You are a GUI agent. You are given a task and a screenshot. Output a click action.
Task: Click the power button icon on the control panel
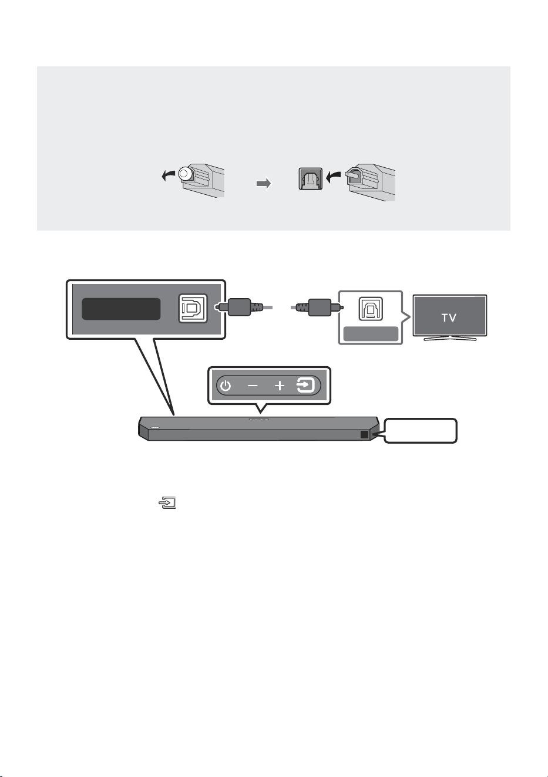(226, 386)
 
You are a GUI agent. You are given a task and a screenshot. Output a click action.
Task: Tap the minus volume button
(253, 386)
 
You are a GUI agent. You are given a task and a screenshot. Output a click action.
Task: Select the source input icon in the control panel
(305, 386)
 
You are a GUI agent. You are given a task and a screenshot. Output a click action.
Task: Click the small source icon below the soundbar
(167, 502)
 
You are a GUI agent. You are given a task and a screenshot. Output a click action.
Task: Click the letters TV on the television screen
(449, 317)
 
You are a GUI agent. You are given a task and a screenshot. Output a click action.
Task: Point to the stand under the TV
(449, 338)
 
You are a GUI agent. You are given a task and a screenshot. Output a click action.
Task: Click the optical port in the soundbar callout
(193, 308)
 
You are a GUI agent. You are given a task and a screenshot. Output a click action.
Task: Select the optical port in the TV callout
(371, 309)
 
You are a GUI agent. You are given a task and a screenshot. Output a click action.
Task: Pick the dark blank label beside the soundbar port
(121, 309)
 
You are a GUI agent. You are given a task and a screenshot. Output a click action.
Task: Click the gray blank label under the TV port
(371, 334)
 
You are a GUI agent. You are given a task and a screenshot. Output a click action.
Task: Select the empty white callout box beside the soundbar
(421, 431)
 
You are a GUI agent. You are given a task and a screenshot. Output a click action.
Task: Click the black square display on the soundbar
(364, 435)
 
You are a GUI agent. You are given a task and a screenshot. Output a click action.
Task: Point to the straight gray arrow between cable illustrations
(264, 184)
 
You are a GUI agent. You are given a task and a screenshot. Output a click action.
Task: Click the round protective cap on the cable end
(185, 173)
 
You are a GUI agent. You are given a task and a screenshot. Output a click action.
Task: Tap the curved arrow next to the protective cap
(169, 175)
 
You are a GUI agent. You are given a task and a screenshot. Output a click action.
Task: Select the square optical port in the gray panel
(311, 178)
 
